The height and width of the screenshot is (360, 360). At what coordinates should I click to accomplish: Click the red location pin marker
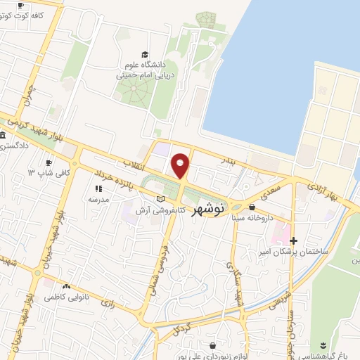point(181,165)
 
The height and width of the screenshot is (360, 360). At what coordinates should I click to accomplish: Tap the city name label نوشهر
point(209,209)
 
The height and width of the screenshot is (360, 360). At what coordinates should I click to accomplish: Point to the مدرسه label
point(98,199)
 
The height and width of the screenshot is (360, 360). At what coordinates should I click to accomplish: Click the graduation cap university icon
point(144,55)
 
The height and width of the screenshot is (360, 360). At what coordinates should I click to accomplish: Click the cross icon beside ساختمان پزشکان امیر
point(294,240)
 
